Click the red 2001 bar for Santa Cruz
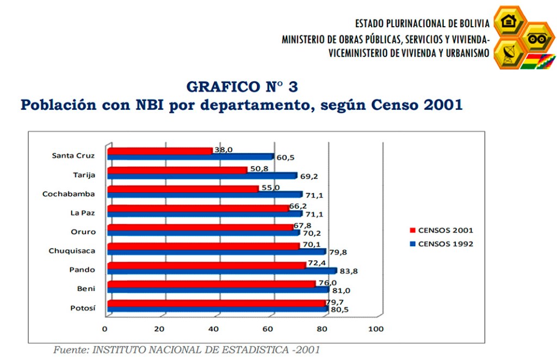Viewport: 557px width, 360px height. [160, 151]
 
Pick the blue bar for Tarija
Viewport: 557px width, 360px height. [202, 176]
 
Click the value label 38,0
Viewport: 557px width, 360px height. [224, 150]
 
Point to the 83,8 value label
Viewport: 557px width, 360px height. [348, 271]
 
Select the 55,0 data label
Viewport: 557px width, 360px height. [269, 187]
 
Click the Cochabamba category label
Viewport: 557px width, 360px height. [69, 194]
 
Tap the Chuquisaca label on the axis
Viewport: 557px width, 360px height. [72, 251]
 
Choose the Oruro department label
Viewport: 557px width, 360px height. [84, 232]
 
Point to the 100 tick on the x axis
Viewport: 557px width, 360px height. [376, 329]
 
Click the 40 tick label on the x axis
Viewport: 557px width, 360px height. [213, 329]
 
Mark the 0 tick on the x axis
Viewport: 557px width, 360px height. [105, 329]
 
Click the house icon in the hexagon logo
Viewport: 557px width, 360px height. [509, 22]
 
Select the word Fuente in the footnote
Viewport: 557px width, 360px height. [69, 350]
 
